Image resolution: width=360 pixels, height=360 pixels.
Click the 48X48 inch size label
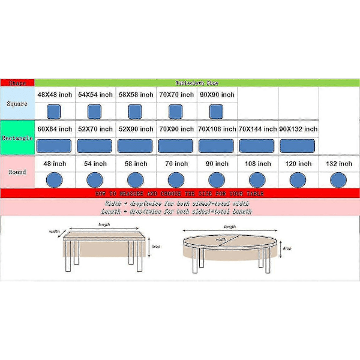[x=55, y=95]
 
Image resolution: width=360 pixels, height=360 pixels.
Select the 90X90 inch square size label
[x=217, y=95]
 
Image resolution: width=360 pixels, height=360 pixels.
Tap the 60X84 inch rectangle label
[x=55, y=129]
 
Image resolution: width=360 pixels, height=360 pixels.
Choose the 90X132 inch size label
[x=298, y=129]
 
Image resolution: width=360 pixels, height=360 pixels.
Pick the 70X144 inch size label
[x=257, y=129]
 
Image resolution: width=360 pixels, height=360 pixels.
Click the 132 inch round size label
[x=338, y=163]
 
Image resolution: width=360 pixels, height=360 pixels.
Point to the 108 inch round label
[x=257, y=163]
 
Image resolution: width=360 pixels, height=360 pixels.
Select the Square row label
[x=17, y=104]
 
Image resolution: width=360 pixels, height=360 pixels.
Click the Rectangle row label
[x=17, y=138]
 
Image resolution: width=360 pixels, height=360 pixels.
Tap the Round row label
[x=17, y=172]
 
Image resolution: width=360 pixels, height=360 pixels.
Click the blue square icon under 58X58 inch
[x=136, y=111]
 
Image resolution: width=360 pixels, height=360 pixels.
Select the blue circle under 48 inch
[x=55, y=179]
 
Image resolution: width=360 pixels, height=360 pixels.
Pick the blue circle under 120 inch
[x=298, y=179]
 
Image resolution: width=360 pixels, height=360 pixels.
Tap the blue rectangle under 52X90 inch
[x=136, y=146]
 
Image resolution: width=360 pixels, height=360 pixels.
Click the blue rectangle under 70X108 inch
[x=217, y=146]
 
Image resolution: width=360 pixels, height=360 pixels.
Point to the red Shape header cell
[x=17, y=83]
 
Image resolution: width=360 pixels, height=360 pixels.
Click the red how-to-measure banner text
[x=179, y=194]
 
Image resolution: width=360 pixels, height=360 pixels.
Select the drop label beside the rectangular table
[x=155, y=247]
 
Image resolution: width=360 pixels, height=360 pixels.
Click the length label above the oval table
[x=230, y=227]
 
